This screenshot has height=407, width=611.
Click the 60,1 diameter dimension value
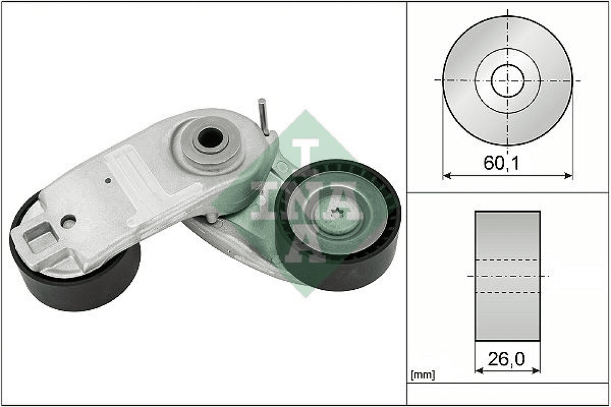pos(501,163)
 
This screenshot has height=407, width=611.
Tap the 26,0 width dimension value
pos(506,359)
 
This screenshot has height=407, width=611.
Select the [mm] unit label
pos(423,375)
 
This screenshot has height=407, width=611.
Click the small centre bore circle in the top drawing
pos(507,81)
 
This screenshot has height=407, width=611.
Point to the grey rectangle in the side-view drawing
pos(507,276)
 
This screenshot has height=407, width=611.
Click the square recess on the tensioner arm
pos(38,238)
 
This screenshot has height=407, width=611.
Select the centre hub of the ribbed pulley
pos(337,212)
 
